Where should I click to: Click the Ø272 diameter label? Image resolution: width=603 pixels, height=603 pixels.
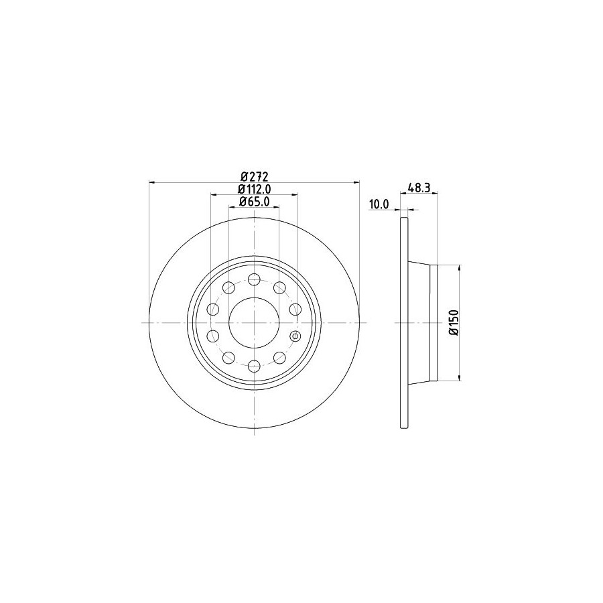(x=254, y=177)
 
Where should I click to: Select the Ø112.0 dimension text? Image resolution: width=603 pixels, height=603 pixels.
(x=254, y=189)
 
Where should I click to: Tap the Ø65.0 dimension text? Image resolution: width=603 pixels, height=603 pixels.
(x=254, y=201)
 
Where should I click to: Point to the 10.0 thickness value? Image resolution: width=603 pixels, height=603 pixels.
(x=379, y=204)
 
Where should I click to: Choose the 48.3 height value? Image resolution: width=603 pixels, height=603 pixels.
(x=418, y=188)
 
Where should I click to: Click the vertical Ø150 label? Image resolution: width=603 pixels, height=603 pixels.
(x=454, y=323)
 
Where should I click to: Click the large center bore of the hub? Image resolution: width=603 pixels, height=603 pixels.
(x=254, y=323)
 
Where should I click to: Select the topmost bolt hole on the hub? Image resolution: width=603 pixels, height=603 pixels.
(x=254, y=279)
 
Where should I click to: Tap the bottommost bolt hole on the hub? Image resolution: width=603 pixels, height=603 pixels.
(x=254, y=366)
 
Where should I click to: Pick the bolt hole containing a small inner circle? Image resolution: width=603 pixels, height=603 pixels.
(x=295, y=336)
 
